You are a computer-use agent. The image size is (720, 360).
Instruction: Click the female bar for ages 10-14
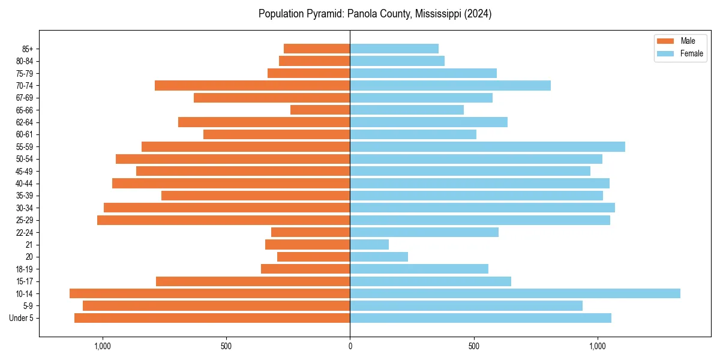[x=515, y=293]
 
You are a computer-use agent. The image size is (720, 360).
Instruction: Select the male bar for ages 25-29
[x=223, y=220]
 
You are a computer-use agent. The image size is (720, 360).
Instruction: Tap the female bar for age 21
[x=369, y=244]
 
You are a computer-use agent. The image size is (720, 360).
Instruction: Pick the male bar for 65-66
[x=320, y=110]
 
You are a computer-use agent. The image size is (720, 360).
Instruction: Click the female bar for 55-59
[x=487, y=146]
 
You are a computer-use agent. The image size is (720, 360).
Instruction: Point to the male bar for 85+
[x=317, y=49]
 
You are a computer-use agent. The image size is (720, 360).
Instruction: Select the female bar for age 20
[x=379, y=257]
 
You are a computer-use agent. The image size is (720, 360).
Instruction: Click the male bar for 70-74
[x=252, y=85]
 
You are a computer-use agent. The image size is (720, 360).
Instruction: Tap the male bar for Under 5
[x=212, y=318]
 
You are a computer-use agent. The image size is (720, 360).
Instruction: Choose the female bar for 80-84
[x=397, y=61]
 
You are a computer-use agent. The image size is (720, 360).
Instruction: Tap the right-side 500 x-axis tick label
[x=474, y=346]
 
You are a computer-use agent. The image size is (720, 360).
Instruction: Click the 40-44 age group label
[x=25, y=184]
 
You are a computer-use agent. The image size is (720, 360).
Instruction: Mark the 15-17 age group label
[x=25, y=281]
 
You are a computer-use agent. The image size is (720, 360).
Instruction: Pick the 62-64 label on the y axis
[x=25, y=122]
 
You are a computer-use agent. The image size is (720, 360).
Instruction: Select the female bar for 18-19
[x=419, y=269]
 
